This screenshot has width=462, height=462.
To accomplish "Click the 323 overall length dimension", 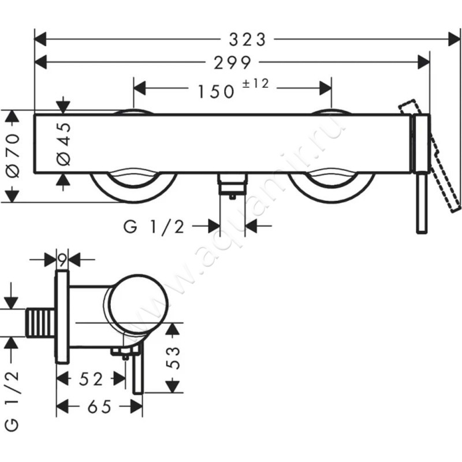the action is tap(248, 39).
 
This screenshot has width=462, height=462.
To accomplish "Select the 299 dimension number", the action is tap(233, 62).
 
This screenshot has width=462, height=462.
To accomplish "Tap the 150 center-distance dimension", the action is tap(216, 91).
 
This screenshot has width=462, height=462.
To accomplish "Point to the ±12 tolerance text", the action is tap(255, 84).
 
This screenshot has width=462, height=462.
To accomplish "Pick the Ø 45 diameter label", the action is tap(64, 144).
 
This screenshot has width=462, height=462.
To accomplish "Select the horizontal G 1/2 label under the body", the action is tap(154, 227).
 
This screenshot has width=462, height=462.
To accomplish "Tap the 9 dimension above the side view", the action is tap(62, 260).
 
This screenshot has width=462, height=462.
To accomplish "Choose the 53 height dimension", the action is tap(173, 358).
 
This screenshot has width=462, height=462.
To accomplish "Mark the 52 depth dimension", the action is tap(91, 379).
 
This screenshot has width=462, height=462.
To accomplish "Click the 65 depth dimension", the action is tap(99, 407).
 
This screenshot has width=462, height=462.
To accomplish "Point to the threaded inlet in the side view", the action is tap(40, 323).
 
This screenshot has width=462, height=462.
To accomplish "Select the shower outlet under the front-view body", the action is tap(232, 185).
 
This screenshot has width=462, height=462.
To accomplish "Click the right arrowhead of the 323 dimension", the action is tap(454, 39).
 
